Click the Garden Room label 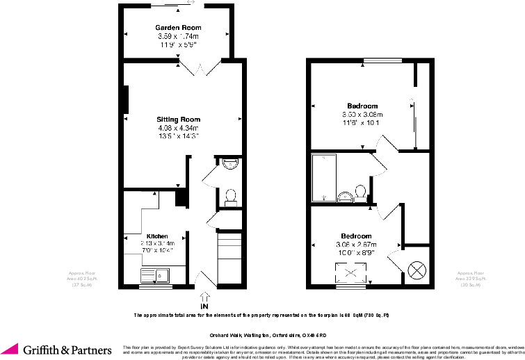(178, 28)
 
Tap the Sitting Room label (178, 120)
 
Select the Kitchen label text (156, 236)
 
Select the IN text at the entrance (204, 306)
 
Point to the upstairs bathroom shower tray (324, 177)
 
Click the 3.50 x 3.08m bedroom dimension (362, 115)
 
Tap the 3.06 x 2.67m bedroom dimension (356, 245)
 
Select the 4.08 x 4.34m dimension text (178, 128)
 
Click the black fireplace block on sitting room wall (126, 99)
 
